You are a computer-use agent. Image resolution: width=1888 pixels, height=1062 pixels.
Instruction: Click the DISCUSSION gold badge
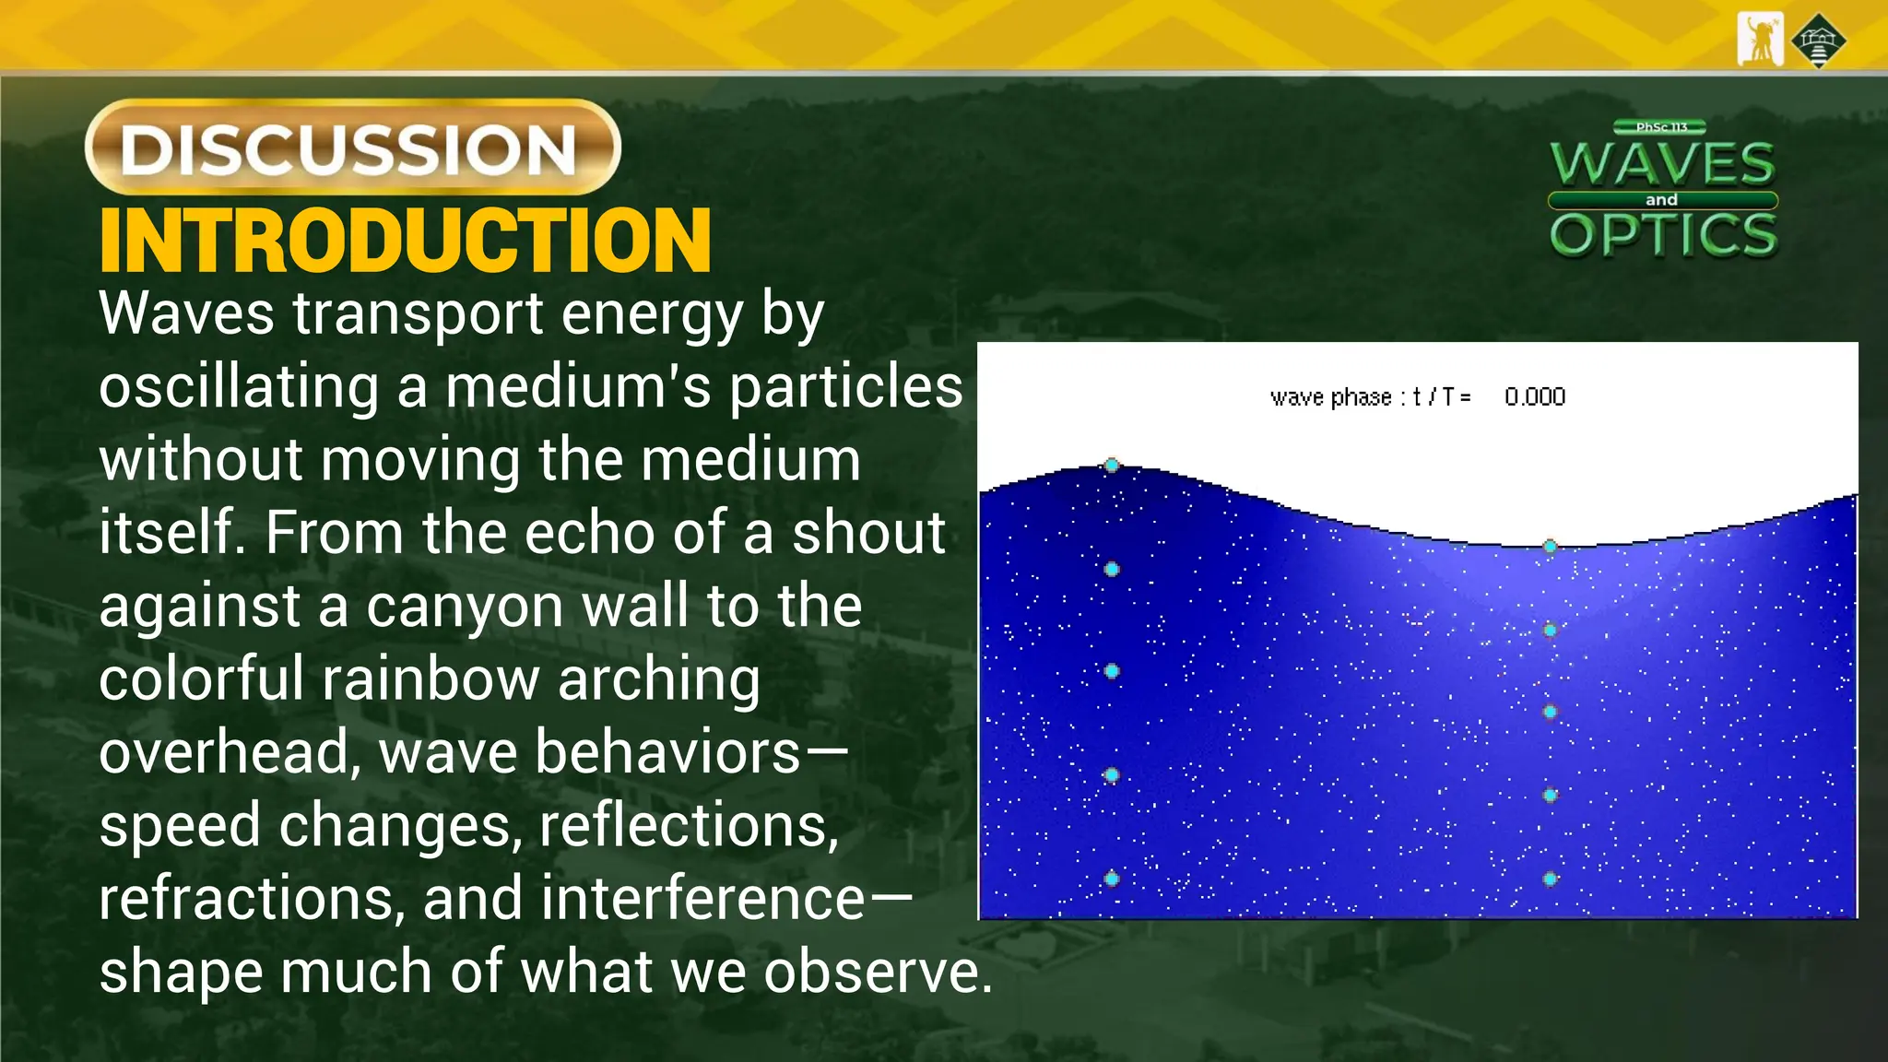352,147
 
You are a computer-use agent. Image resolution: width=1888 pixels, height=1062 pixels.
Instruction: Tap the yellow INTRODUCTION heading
405,241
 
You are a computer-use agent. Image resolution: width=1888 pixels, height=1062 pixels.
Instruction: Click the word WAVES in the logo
1662,164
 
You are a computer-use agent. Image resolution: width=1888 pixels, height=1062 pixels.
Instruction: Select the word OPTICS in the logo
1663,234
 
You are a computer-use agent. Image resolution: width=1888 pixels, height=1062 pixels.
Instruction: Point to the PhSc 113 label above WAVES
1660,127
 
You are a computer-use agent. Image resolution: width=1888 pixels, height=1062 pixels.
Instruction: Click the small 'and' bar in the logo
1661,200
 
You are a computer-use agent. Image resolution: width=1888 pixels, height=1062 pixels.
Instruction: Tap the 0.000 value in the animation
1535,397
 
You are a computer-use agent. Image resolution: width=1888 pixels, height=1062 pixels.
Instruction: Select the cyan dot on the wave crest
1112,466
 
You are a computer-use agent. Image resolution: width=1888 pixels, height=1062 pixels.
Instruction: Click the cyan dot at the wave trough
1551,547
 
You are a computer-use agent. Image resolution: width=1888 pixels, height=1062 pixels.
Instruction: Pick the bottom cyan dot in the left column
1112,879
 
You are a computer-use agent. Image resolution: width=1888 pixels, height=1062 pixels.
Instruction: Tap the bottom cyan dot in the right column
1551,879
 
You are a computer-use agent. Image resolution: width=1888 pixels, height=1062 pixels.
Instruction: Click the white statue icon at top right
1760,40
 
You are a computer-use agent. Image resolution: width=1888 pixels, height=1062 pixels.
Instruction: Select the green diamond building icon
1818,41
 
